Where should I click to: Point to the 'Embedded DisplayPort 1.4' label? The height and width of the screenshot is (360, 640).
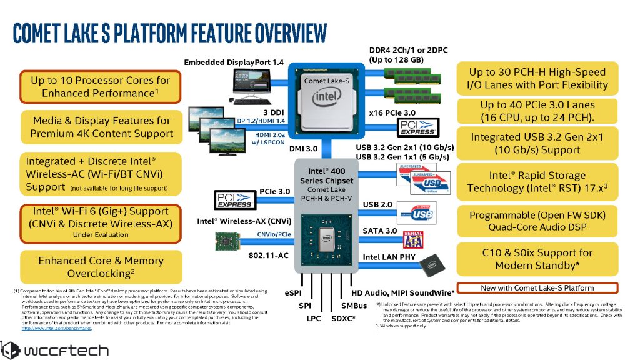pos(234,62)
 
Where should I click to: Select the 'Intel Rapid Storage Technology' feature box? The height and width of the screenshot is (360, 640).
pos(537,182)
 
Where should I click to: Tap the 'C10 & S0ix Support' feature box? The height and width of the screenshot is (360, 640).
pos(537,259)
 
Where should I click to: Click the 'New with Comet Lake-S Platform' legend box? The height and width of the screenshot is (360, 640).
pos(537,287)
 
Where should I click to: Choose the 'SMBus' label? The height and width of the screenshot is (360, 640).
pos(354,306)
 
